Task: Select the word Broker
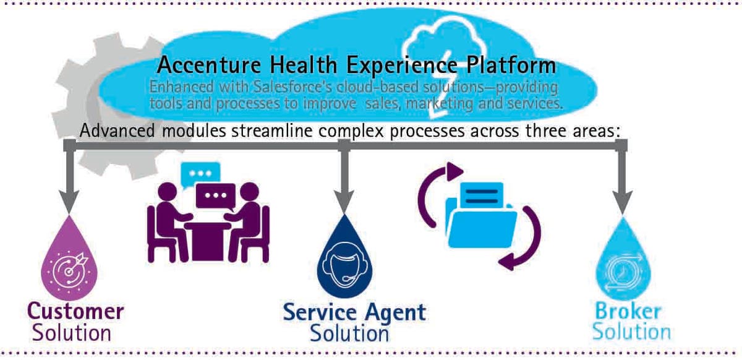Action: (x=626, y=311)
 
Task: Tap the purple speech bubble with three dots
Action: (x=215, y=195)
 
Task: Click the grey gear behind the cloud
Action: (x=77, y=108)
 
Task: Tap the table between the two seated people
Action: (x=208, y=235)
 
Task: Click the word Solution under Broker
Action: (x=631, y=332)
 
